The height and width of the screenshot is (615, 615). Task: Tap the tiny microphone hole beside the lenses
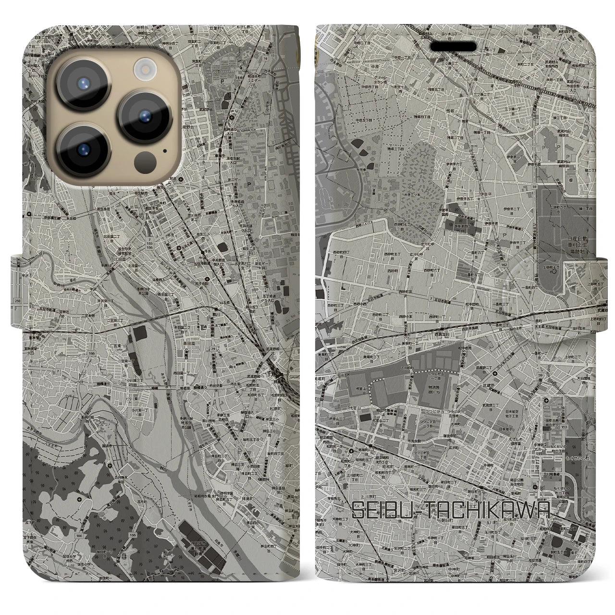[165, 150]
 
